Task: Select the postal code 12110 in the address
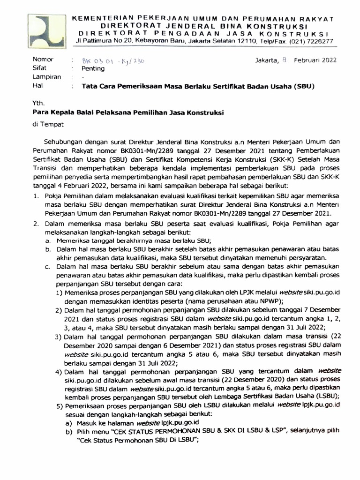pos(255,41)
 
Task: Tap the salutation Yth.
pos(37,101)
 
